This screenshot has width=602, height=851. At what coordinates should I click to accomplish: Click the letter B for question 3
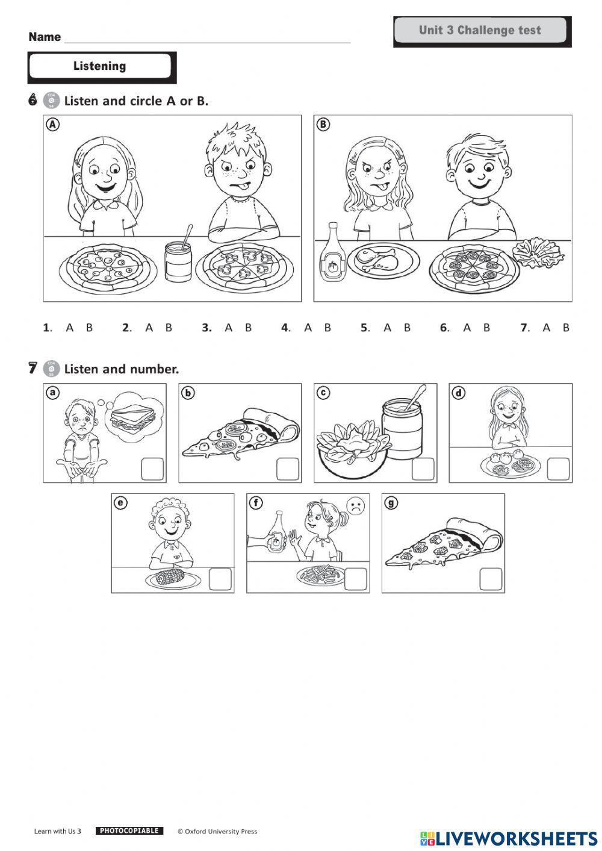(248, 328)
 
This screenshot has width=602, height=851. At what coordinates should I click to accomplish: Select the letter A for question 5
(387, 328)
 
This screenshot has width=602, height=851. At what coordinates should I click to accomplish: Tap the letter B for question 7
(566, 328)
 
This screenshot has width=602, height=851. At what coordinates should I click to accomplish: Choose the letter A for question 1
(69, 328)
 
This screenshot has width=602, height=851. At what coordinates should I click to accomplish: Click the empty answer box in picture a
(153, 469)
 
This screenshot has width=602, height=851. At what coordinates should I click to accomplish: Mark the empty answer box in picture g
(491, 579)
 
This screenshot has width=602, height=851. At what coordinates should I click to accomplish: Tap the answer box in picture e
(220, 579)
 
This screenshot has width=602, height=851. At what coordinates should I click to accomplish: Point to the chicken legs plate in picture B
(383, 260)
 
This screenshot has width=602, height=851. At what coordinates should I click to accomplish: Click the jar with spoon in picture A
(178, 258)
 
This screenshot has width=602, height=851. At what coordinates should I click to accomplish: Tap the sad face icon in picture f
(356, 507)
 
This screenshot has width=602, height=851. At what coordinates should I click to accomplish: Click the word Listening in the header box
(99, 66)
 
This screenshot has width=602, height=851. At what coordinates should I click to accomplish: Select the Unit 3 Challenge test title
(480, 30)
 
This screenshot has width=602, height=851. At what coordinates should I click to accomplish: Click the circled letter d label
(459, 393)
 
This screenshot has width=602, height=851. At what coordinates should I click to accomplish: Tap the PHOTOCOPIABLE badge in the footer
(129, 831)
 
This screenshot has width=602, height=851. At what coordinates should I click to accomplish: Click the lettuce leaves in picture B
(538, 252)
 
